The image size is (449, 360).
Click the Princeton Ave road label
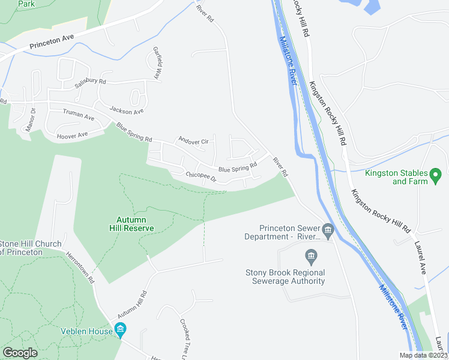pos(52,41)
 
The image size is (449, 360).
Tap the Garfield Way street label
pos(158,64)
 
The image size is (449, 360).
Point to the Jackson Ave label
pos(126,111)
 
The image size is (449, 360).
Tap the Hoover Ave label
pos(72,135)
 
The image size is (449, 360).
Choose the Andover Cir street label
pos(193,141)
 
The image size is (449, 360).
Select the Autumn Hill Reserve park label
pos(131,224)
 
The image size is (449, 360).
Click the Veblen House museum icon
pos(120,331)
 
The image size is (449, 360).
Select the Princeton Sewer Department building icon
pos(328,230)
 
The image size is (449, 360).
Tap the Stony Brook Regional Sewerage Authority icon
pos(311,259)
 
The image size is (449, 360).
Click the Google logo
pos(20,353)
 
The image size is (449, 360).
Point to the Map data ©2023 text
pos(424,355)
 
